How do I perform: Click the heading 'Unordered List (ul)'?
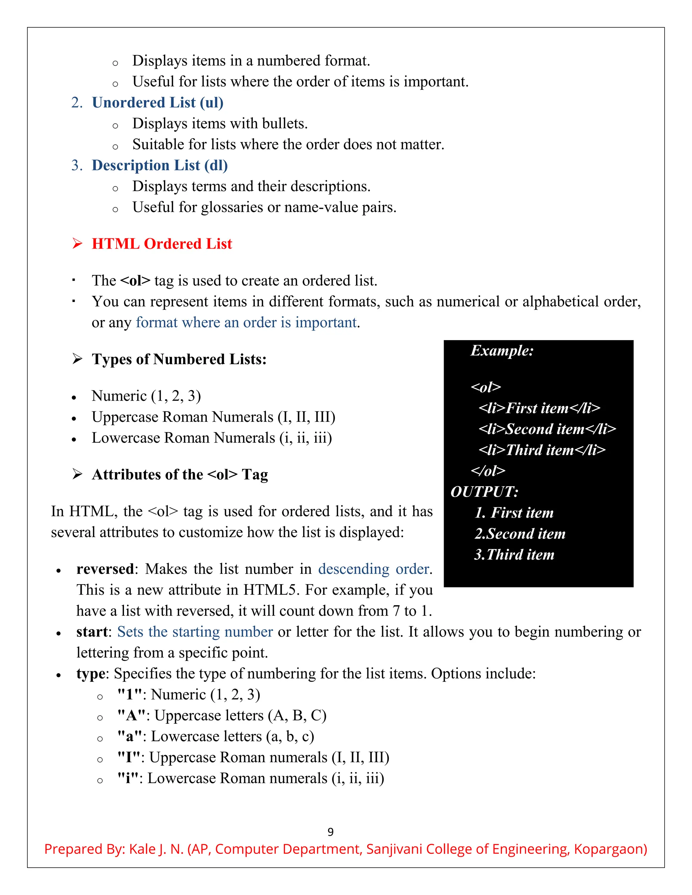[x=157, y=102]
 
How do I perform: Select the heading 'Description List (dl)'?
[x=159, y=165]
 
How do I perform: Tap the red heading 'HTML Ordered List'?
[x=162, y=244]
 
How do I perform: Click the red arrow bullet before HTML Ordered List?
[x=77, y=244]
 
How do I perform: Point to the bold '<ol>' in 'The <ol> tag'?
[x=135, y=281]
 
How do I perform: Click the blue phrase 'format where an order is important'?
[x=246, y=323]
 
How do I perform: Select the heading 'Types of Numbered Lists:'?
[x=179, y=359]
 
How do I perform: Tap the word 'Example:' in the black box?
[x=502, y=351]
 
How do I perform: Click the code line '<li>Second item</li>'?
[x=547, y=429]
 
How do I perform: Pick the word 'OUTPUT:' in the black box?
[x=484, y=492]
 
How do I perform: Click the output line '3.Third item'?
[x=514, y=555]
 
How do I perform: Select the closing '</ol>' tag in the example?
[x=488, y=470]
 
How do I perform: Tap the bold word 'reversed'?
[x=105, y=569]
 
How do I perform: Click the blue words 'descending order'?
[x=373, y=569]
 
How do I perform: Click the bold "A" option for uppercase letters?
[x=131, y=716]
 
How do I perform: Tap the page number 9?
[x=330, y=832]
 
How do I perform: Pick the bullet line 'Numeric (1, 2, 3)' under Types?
[x=146, y=396]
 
